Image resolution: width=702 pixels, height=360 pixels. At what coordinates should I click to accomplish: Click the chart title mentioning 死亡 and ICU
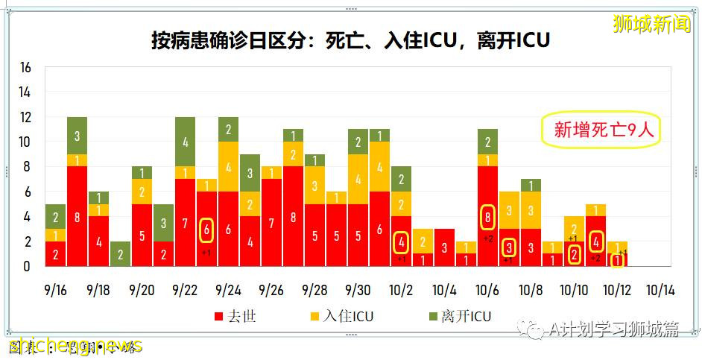coord(350,40)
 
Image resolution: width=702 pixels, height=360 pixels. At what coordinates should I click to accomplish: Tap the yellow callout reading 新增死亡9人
coord(603,130)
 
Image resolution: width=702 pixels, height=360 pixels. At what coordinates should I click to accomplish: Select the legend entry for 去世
coord(235,317)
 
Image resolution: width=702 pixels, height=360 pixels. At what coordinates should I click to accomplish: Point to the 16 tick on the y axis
coord(25,68)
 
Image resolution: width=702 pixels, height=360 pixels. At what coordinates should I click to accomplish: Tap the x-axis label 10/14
coord(661,290)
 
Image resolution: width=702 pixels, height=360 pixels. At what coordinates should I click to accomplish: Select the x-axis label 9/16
coord(55,290)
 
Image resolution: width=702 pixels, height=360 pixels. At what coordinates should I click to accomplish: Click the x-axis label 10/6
coord(488,290)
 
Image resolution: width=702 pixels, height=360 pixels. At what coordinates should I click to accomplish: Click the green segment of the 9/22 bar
coord(185,142)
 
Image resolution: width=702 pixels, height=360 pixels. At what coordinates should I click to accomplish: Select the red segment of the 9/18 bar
coord(98,241)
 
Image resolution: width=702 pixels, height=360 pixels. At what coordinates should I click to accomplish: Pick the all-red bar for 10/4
coord(444,247)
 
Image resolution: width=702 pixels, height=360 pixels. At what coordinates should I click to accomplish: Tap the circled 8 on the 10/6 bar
coord(487,218)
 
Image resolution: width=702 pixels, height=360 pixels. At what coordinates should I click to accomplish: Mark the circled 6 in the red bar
coord(206,230)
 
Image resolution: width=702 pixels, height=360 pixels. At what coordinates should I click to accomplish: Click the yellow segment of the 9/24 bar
coord(228,167)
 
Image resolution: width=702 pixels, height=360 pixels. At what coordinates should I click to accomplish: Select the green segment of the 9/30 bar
coord(358,142)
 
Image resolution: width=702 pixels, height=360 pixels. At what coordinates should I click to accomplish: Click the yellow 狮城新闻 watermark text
coord(651,25)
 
